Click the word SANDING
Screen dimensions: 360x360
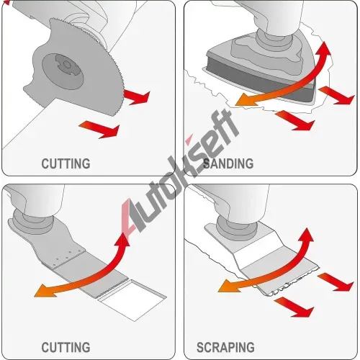(x=228, y=163)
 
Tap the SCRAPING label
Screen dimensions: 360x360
(x=225, y=347)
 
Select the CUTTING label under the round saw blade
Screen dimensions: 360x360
(x=66, y=163)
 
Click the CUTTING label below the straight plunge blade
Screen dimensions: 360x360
(x=66, y=347)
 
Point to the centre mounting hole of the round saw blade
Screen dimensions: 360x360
(x=67, y=65)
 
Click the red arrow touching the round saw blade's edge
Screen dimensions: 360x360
(x=136, y=97)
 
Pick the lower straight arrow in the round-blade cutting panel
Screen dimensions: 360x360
(x=99, y=129)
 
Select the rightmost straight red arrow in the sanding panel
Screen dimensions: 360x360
(x=337, y=95)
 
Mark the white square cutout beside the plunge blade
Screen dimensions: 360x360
(x=134, y=300)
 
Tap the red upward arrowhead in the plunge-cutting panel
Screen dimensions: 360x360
(x=122, y=240)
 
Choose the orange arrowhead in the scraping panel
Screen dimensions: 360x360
(x=228, y=286)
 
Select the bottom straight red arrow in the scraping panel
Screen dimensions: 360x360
(x=294, y=307)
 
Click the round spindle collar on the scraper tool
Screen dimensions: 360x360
(x=235, y=228)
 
